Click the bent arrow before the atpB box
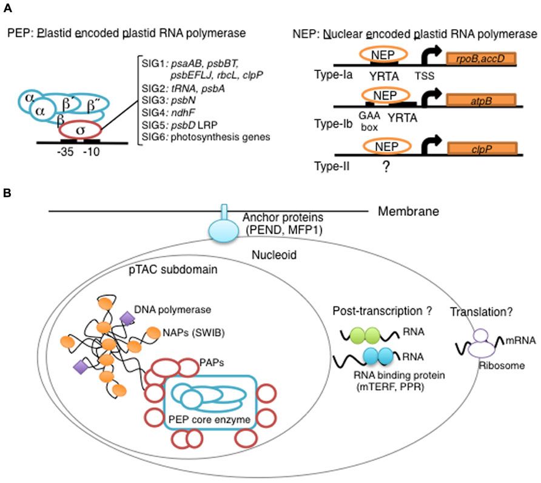[432, 99]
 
